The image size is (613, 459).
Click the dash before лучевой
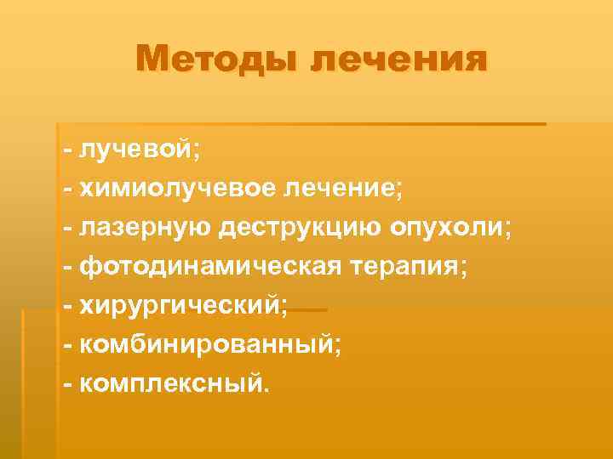(x=68, y=151)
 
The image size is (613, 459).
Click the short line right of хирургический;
(x=307, y=310)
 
